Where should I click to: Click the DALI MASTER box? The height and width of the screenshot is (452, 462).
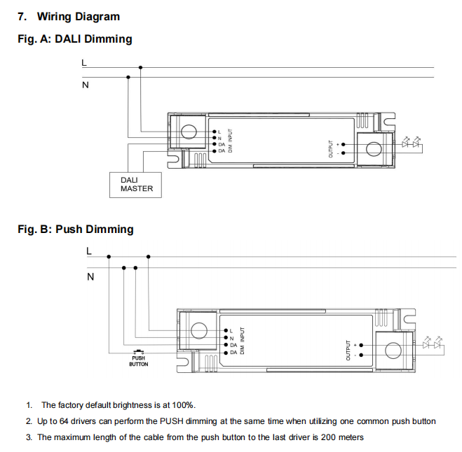point(136,184)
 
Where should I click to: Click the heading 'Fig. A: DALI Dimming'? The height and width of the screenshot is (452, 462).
point(74,39)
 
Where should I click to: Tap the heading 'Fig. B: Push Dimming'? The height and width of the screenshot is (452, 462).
point(75,229)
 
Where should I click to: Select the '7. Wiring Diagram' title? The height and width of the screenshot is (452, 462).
point(68,16)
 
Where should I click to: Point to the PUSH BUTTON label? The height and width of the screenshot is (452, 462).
point(138,361)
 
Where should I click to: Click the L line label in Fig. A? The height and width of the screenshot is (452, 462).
point(84,62)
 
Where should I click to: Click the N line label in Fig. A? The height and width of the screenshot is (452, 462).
point(86,85)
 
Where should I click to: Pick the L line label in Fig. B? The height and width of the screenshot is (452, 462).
point(88,250)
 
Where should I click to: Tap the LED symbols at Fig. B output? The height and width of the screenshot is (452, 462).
point(432,344)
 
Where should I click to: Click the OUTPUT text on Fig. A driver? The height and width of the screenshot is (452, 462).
point(329,148)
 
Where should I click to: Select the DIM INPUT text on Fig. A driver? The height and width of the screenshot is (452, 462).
point(230,140)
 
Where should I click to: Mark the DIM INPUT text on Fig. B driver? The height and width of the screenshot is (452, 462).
point(242,340)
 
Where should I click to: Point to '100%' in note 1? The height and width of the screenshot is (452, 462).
point(184,405)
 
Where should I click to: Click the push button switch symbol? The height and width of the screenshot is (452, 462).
point(138,352)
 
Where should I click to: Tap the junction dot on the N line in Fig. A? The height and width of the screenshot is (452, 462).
point(128,78)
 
